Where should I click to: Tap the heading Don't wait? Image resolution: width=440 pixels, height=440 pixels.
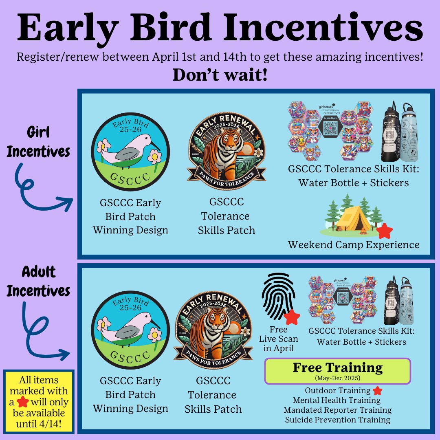click(x=220, y=75)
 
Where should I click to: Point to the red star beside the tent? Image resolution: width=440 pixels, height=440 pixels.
click(x=384, y=231)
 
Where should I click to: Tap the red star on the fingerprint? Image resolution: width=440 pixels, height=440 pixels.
click(x=292, y=317)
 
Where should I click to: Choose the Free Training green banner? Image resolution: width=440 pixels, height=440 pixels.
click(x=338, y=371)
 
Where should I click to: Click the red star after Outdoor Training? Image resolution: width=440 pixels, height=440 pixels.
click(x=378, y=391)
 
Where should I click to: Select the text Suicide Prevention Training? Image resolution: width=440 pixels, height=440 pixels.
click(x=338, y=420)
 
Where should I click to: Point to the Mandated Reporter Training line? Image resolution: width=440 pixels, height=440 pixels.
click(x=338, y=410)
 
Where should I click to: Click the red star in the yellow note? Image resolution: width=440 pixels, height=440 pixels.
click(x=23, y=402)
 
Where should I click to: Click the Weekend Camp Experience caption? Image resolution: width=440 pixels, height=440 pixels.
click(x=353, y=244)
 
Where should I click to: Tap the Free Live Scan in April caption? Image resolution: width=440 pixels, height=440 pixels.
click(x=278, y=339)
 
